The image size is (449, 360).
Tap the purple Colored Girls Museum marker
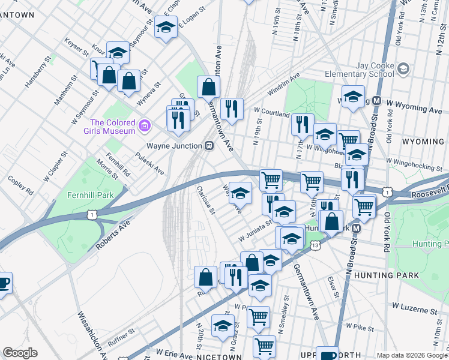(144, 126)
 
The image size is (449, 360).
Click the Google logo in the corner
(20, 353)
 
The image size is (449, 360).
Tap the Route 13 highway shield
(315, 245)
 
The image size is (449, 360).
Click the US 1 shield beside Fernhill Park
(91, 214)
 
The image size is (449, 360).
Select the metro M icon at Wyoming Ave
(378, 101)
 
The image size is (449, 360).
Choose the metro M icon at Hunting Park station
(357, 229)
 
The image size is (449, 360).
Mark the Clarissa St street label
(205, 200)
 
